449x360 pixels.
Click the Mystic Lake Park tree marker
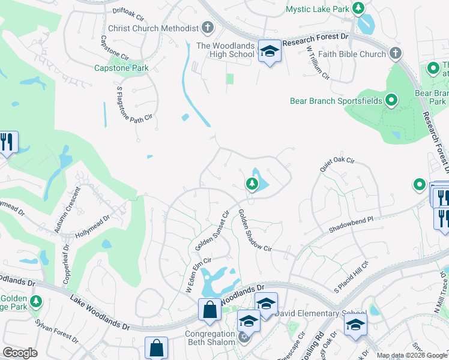pos(358,8)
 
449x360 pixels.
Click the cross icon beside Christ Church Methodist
pos(208,28)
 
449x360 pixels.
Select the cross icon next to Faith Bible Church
pos(395,54)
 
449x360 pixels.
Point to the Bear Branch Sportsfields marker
pos(391,100)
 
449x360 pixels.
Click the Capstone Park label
pos(121,68)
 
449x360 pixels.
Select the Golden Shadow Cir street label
pos(255,230)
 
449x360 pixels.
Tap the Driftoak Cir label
pos(130,11)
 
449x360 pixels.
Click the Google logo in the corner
pos(20,353)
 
